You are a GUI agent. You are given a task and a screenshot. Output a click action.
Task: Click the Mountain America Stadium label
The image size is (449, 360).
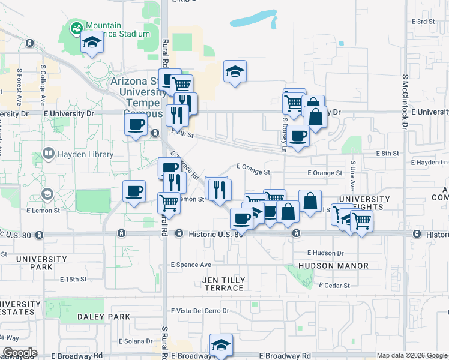click(x=116, y=29)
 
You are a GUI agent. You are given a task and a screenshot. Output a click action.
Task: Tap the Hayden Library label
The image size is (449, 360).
click(x=85, y=154)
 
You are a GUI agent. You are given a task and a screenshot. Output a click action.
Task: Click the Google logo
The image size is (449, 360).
click(x=20, y=353)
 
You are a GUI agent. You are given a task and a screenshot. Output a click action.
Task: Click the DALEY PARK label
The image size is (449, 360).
click(x=103, y=316)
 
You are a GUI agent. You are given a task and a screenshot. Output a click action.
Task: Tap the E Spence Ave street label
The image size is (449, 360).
click(x=191, y=265)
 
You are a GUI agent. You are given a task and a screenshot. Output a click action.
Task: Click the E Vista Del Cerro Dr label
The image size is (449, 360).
click(x=200, y=311)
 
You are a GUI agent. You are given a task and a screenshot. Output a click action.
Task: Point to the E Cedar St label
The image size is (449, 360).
click(x=334, y=286)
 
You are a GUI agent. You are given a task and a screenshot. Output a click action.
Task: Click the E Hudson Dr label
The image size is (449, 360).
click(x=325, y=253)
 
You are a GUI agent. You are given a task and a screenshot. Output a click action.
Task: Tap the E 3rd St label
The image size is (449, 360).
click(x=423, y=22)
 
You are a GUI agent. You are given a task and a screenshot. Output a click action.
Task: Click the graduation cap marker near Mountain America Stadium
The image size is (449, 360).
click(x=92, y=43)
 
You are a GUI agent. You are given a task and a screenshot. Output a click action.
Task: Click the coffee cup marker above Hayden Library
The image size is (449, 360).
click(x=136, y=125)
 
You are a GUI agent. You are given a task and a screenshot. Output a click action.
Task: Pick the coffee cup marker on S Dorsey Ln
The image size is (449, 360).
click(x=298, y=136)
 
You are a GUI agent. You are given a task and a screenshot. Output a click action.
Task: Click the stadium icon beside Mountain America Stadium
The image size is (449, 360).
click(x=76, y=28)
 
